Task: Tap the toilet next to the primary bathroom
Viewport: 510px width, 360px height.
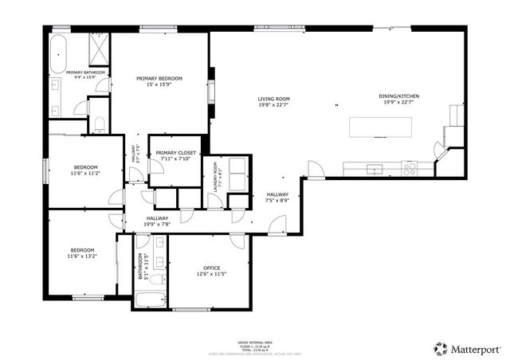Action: [99, 123]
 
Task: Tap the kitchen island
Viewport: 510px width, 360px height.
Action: [382, 127]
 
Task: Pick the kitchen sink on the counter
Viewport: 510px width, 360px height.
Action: [372, 168]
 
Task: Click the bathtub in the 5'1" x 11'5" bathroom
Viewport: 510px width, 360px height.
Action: [151, 301]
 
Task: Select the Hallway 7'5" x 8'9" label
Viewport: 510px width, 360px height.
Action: [277, 198]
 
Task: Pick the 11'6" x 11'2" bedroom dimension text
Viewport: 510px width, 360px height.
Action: [85, 173]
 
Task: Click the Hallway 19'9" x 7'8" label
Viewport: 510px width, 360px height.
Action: [156, 221]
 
